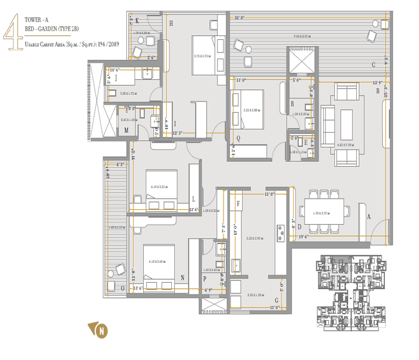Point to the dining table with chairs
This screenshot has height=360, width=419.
coord(323,212)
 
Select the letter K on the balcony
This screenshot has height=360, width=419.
coord(137,21)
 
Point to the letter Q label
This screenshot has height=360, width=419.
coord(238,139)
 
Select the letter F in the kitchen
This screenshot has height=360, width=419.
coord(237,202)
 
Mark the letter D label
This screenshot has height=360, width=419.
coord(299,227)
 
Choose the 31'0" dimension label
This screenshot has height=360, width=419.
coord(239,17)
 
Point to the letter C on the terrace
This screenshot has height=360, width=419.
coord(373,64)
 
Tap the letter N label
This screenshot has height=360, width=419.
coord(182,278)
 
